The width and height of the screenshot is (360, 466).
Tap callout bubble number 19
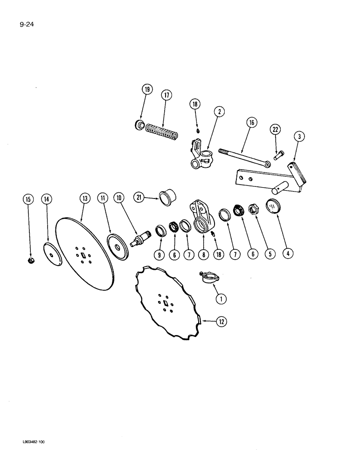pos(147,90)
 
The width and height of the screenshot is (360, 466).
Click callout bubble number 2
pos(219,111)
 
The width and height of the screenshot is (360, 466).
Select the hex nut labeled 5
pos(255,209)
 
